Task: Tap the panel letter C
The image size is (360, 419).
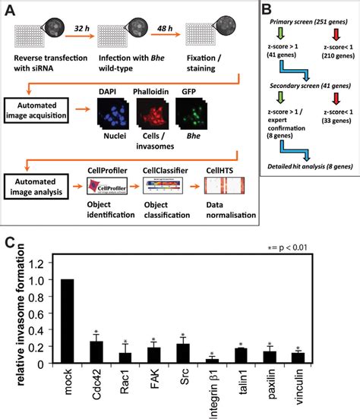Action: click(x=9, y=244)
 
